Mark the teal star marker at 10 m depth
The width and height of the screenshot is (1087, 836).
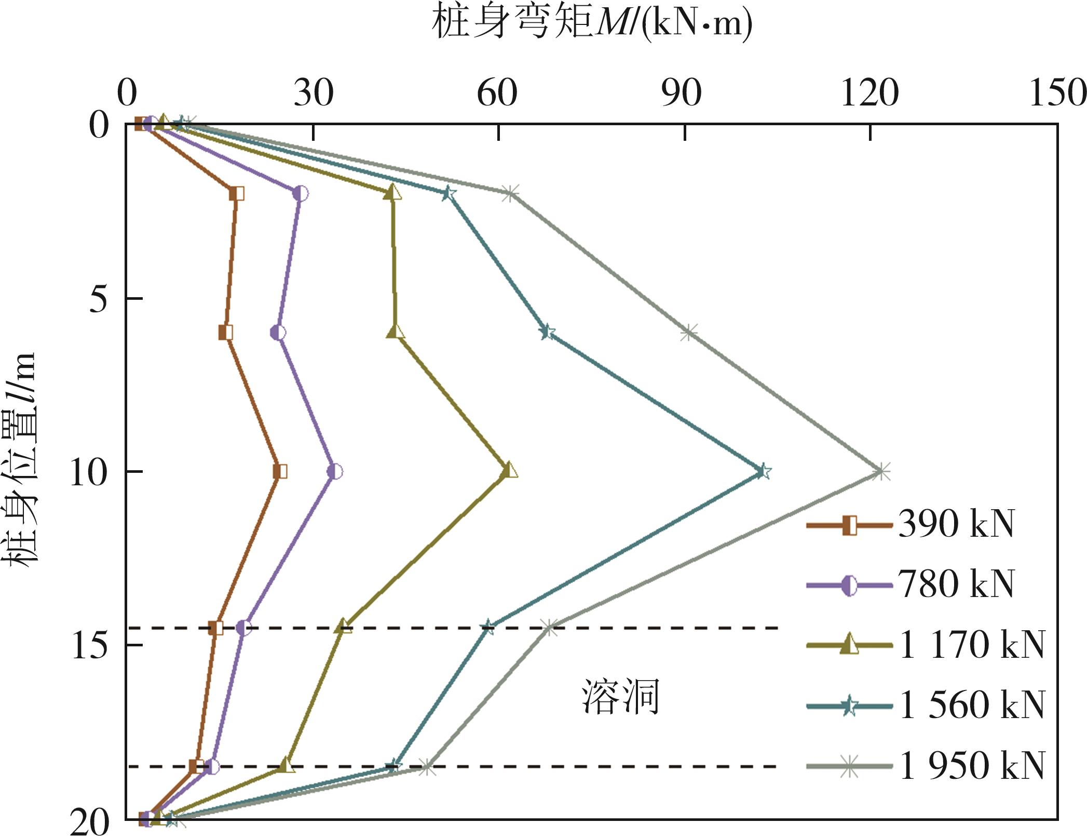click(763, 472)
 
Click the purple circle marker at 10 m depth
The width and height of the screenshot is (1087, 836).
click(335, 472)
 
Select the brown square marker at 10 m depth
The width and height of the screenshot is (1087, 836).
click(280, 472)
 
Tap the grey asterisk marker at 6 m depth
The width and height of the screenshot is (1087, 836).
click(688, 333)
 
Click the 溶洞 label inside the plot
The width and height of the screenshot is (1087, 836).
click(620, 697)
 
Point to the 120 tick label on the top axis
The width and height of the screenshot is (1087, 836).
click(869, 94)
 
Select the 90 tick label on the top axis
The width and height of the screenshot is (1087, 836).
click(681, 94)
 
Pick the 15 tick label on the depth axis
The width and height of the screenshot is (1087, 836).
click(89, 646)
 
